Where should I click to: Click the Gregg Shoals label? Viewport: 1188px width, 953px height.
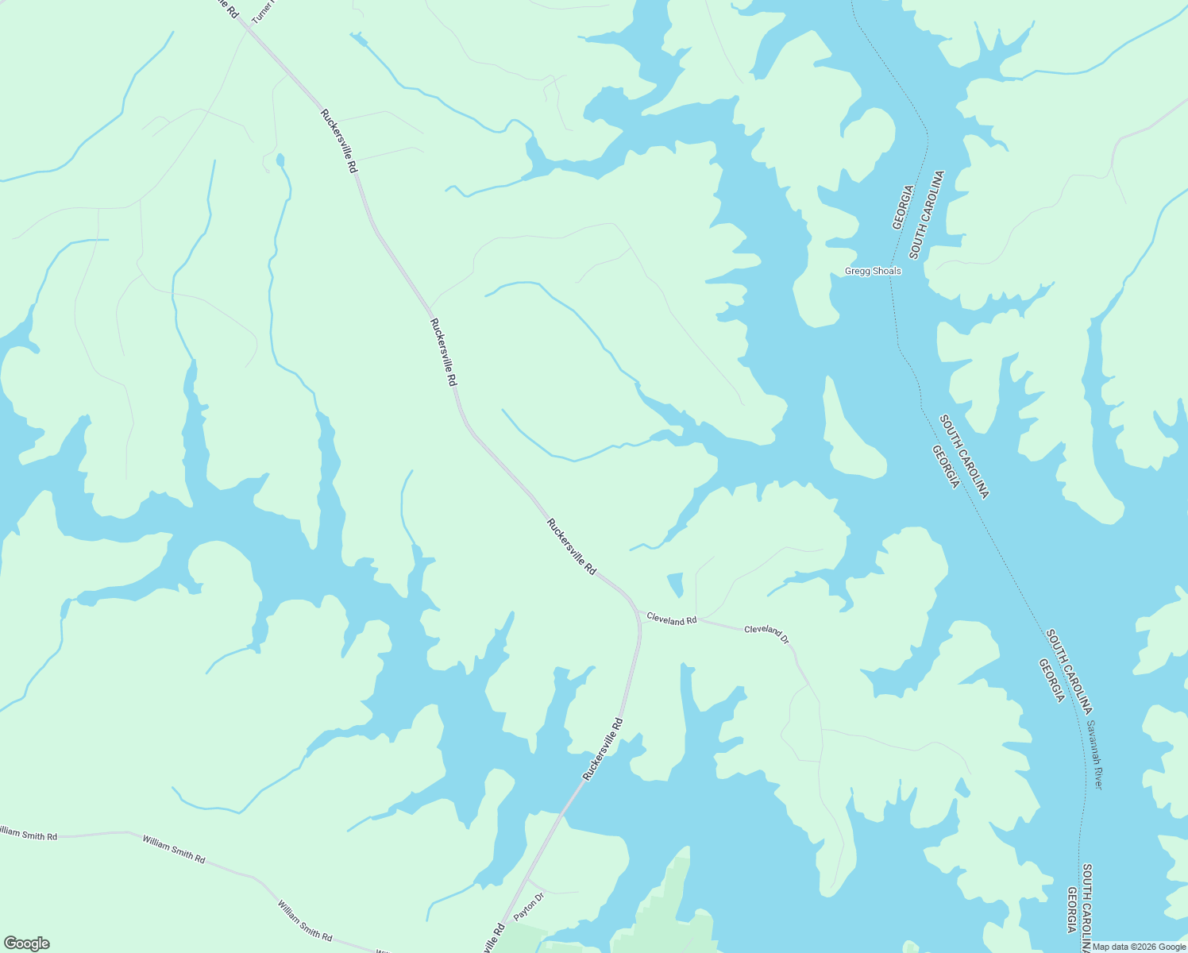[872, 272]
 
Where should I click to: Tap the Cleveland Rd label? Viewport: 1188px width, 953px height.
[671, 619]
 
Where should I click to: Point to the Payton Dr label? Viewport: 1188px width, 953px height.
[529, 906]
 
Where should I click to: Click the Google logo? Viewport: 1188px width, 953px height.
[26, 943]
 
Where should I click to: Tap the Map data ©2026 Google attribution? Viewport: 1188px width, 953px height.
[1139, 947]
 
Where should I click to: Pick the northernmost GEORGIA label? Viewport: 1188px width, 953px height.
[904, 208]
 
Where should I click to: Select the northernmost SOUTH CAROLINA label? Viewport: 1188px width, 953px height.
[927, 214]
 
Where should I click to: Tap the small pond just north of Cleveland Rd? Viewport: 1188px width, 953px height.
[676, 585]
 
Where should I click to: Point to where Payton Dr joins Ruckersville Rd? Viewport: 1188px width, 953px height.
[527, 879]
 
